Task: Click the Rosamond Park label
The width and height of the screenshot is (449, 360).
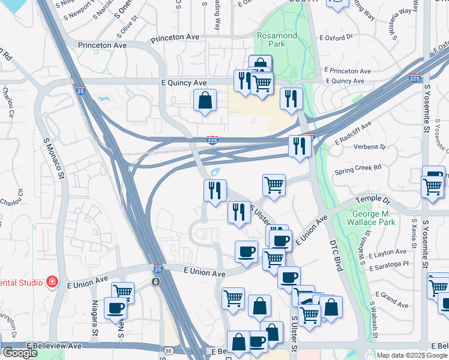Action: pos(277,41)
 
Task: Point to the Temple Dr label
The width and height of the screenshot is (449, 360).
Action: pos(372,202)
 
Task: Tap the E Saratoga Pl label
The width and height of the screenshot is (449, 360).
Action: pos(388,263)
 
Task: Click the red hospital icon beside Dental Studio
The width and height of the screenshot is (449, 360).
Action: pos(53,281)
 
